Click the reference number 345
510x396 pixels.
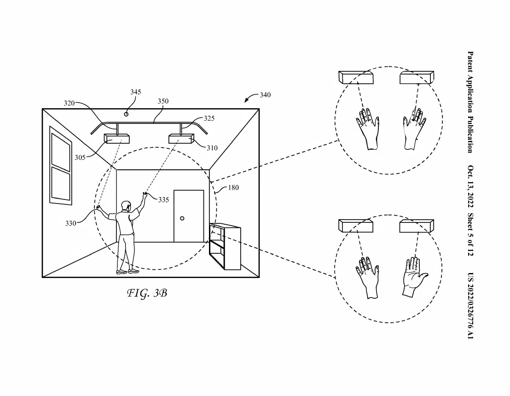click(135, 92)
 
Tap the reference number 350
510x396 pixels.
click(163, 101)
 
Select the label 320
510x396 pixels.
click(69, 103)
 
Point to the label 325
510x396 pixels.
click(209, 118)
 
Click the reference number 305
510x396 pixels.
click(80, 157)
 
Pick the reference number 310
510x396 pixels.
click(212, 148)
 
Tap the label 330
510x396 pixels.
click(70, 223)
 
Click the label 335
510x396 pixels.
click(163, 200)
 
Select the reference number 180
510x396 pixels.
click(233, 188)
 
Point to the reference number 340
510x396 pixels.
click(265, 95)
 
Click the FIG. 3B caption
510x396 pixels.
click(146, 293)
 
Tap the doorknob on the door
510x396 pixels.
click(183, 218)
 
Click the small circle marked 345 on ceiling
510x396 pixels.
click(126, 113)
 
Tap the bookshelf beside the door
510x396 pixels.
click(225, 246)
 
